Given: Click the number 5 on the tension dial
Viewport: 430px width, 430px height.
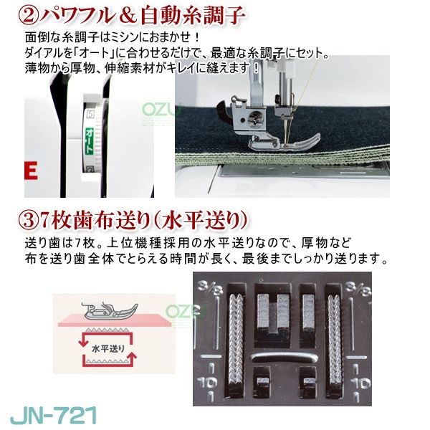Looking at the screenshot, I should [89, 113].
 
